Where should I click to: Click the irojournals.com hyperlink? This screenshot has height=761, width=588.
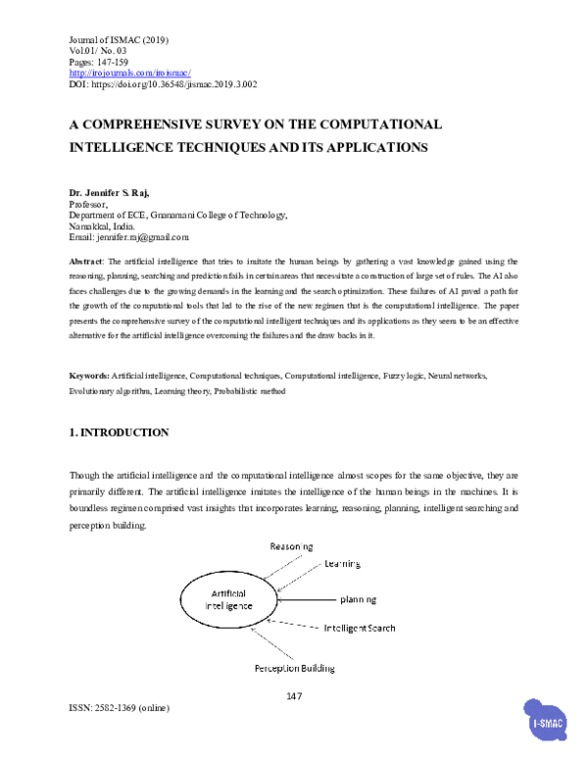[129, 74]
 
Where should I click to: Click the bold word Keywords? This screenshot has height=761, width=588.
[88, 376]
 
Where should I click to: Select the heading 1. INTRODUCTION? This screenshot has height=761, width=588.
[119, 432]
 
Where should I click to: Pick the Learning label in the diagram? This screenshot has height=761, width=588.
[343, 564]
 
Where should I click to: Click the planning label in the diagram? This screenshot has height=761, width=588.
[360, 598]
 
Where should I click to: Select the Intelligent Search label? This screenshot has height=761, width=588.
[360, 627]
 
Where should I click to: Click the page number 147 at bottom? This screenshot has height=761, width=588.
[294, 696]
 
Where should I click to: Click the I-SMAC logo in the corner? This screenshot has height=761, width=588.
[547, 725]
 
